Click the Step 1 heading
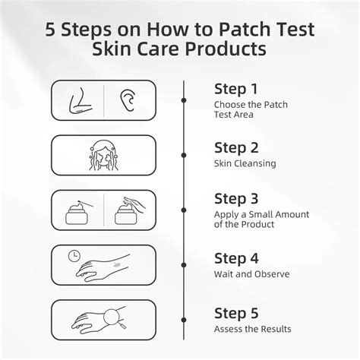236,88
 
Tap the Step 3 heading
237,201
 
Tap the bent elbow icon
79,100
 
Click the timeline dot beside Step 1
184,99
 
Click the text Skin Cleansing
245,162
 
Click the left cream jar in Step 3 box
79,215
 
